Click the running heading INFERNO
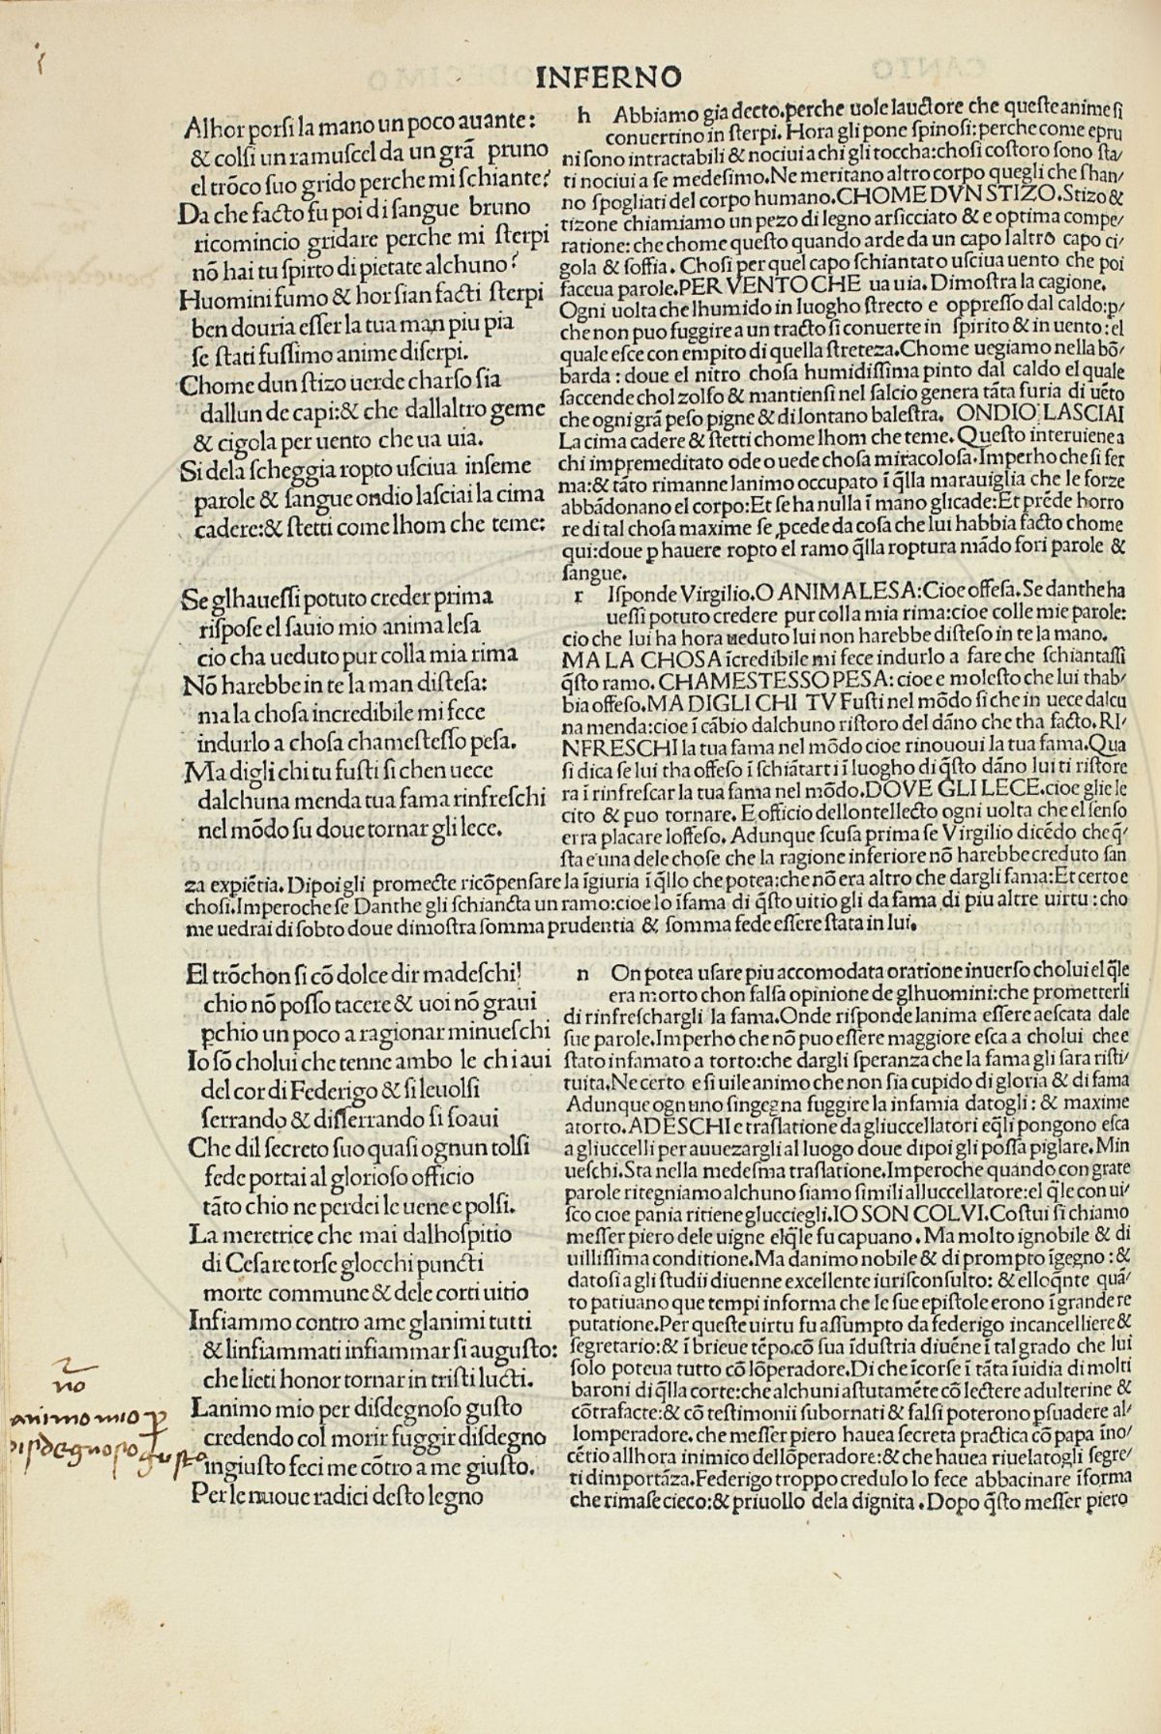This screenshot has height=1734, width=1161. (609, 76)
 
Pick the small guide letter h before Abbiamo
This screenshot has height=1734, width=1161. (583, 114)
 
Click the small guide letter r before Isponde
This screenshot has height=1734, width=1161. (580, 596)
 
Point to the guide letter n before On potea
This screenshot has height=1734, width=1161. (582, 976)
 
